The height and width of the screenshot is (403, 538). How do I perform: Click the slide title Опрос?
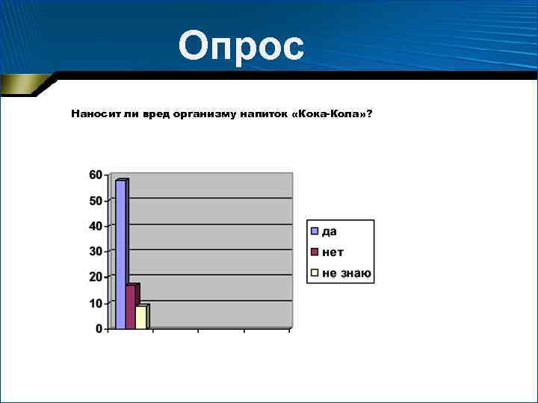[241, 47]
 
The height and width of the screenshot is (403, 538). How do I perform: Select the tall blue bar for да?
[121, 254]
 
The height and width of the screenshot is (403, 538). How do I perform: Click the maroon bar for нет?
[132, 307]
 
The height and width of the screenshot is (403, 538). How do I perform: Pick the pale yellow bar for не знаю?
[141, 317]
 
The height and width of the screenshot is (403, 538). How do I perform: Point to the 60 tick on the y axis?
[96, 175]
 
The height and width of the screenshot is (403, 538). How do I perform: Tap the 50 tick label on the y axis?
[96, 201]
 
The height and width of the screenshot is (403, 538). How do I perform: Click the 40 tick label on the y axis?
[96, 226]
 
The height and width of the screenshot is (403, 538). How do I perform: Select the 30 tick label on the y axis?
[96, 252]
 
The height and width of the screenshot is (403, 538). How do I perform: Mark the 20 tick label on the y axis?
[96, 277]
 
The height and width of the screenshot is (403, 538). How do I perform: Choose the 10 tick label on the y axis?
[96, 303]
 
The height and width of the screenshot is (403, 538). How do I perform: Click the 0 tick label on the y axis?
[99, 329]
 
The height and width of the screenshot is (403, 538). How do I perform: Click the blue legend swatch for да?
[315, 231]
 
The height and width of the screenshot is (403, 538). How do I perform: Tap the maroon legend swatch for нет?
[315, 252]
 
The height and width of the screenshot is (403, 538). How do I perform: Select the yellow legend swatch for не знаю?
[315, 273]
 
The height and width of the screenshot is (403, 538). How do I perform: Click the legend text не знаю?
[347, 274]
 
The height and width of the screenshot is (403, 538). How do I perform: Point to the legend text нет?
[333, 253]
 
